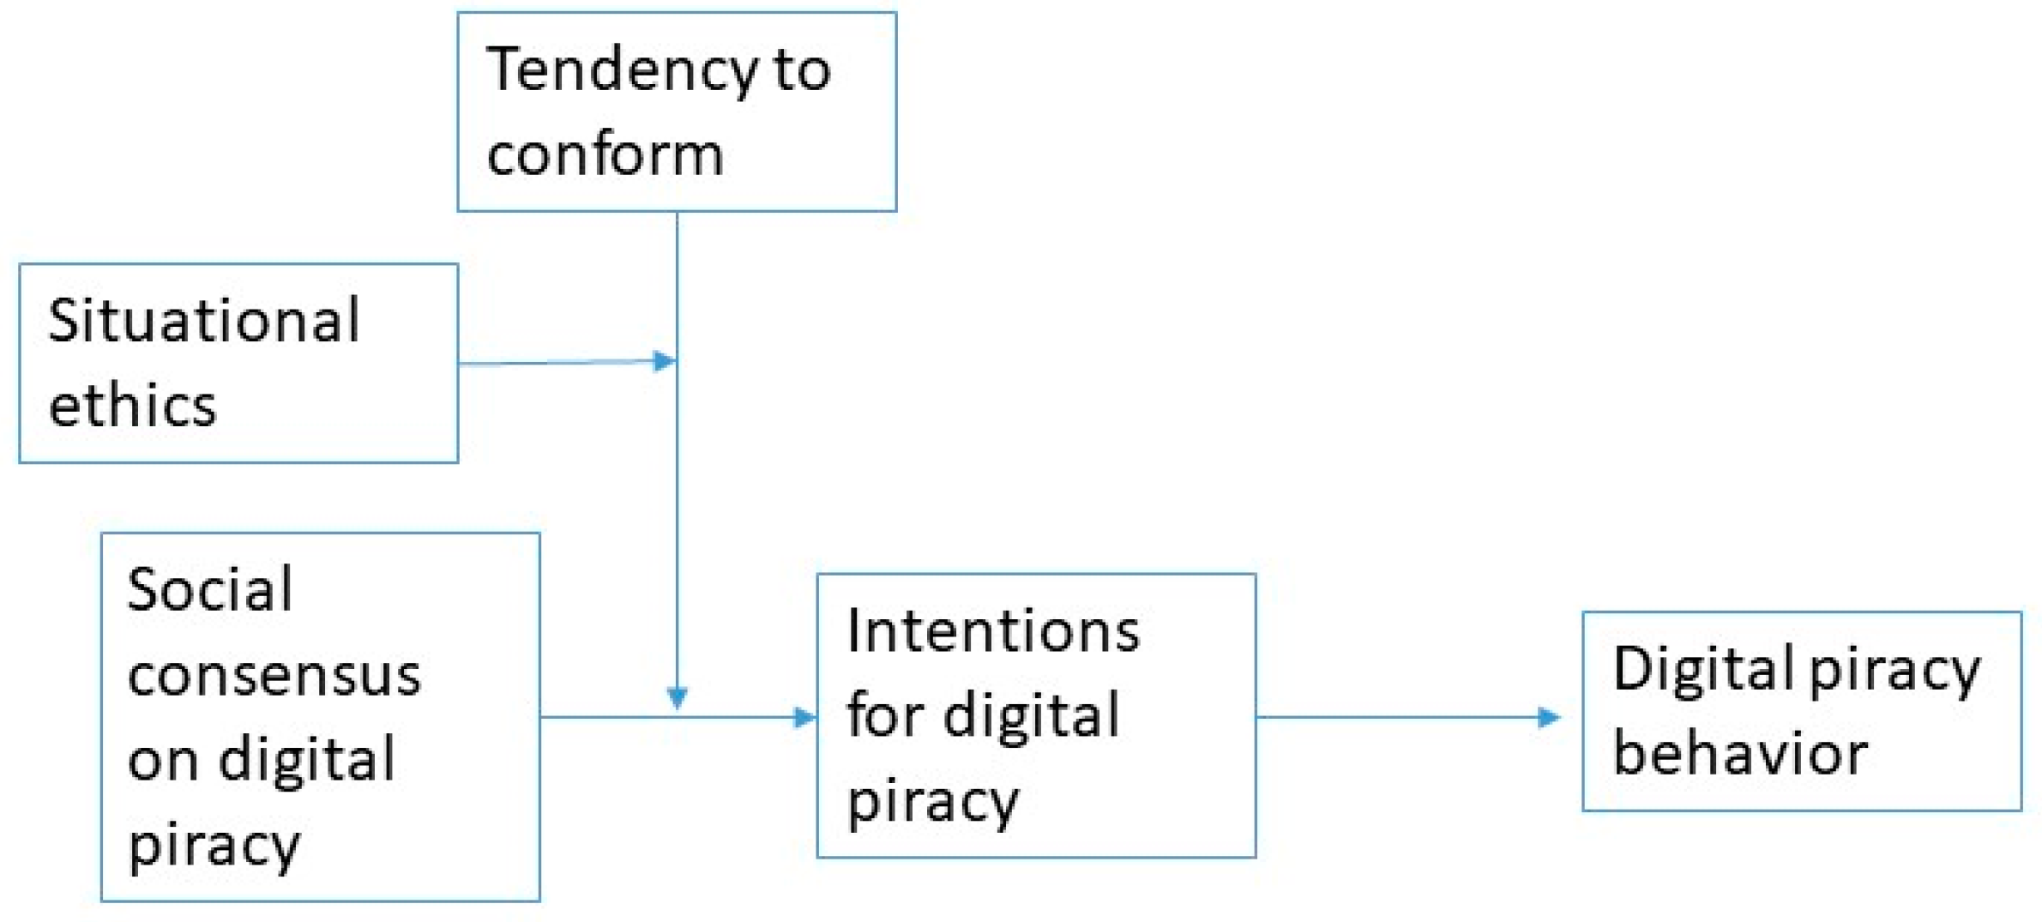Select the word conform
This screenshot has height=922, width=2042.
605,154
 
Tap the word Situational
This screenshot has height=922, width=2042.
204,321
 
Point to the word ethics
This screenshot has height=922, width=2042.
132,405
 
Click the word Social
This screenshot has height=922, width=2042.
210,590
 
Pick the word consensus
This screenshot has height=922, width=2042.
274,675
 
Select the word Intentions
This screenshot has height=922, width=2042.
993,631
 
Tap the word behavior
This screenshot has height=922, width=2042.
1740,754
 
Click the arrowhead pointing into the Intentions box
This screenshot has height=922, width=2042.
805,717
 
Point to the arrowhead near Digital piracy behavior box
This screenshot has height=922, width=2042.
1549,717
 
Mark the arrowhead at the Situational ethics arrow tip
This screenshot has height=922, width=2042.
665,361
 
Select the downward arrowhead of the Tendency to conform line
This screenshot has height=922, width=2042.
678,697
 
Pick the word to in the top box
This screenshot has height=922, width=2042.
802,70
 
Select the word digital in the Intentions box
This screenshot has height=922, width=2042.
1031,715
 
